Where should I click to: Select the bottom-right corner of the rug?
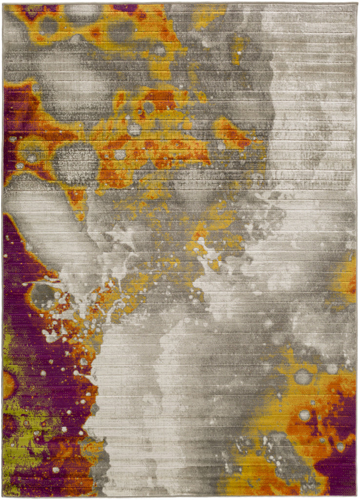(x=357, y=497)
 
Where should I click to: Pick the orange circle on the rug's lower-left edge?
(x=8, y=384)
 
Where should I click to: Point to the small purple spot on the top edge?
(x=124, y=8)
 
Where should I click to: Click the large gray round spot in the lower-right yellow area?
(x=303, y=376)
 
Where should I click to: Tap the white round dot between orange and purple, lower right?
(x=305, y=415)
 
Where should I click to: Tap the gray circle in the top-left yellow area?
(x=49, y=24)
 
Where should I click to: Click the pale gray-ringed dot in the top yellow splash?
(x=159, y=49)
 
